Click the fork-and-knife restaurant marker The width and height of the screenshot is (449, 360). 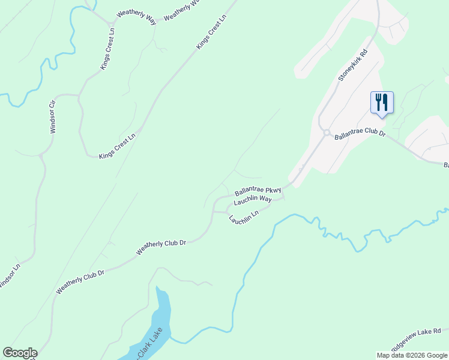point(382,102)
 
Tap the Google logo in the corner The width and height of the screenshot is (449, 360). point(20,353)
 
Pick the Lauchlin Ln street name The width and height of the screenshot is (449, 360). point(244,217)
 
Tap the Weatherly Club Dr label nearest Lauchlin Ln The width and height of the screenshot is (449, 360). point(161,248)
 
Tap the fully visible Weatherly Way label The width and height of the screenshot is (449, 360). point(136,17)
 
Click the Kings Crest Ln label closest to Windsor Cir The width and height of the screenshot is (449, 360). point(118,146)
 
